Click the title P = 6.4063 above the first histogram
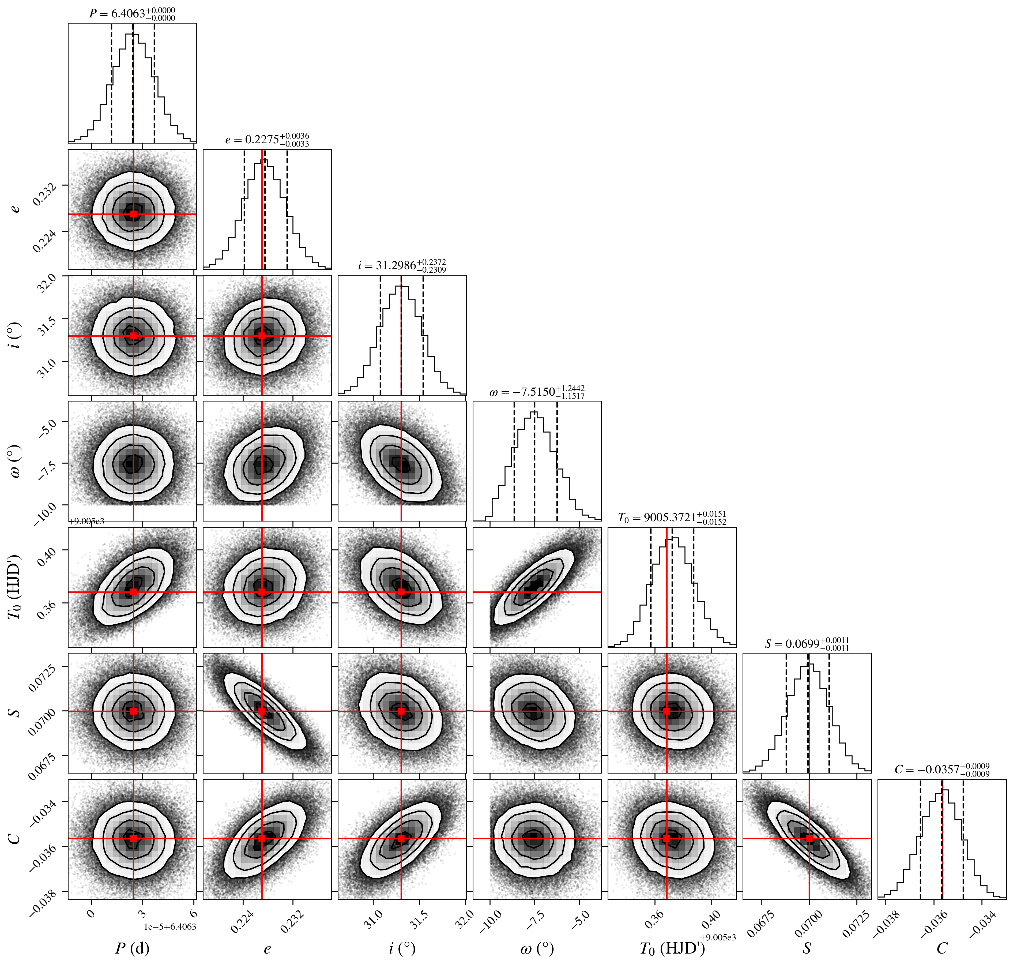pyautogui.click(x=132, y=14)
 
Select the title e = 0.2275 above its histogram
pyautogui.click(x=267, y=140)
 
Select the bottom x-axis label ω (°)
pyautogui.click(x=537, y=948)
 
